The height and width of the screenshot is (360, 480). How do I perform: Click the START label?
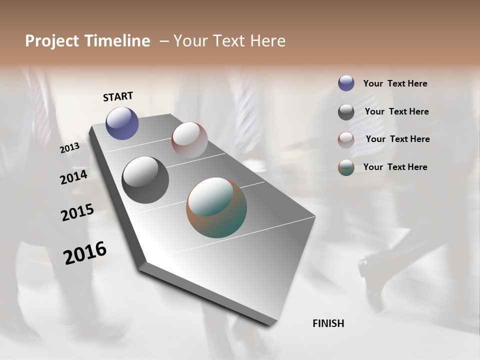(x=118, y=96)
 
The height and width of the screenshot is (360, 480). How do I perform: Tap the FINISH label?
(x=328, y=323)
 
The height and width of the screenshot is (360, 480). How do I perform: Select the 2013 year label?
(x=69, y=148)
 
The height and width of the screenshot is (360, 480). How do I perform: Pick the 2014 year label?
(x=73, y=177)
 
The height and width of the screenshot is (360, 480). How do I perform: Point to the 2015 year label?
(x=77, y=212)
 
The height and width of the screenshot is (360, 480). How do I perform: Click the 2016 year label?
(x=85, y=253)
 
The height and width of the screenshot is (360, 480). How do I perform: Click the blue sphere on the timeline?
(x=122, y=123)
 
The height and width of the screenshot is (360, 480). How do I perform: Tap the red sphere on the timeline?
(x=189, y=139)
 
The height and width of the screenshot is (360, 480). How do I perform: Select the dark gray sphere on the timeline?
(x=145, y=180)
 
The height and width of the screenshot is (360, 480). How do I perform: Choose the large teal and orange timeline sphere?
(x=216, y=207)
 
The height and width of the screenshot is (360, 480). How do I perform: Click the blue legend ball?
(x=346, y=83)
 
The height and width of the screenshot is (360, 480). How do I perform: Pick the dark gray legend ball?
(x=346, y=112)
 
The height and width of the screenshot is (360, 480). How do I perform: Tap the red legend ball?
(x=346, y=140)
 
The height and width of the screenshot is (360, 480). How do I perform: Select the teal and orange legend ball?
(x=346, y=168)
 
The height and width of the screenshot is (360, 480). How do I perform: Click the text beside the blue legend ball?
(x=395, y=84)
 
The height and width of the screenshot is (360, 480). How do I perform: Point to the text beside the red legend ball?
(x=397, y=139)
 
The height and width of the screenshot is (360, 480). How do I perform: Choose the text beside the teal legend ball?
(x=395, y=167)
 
